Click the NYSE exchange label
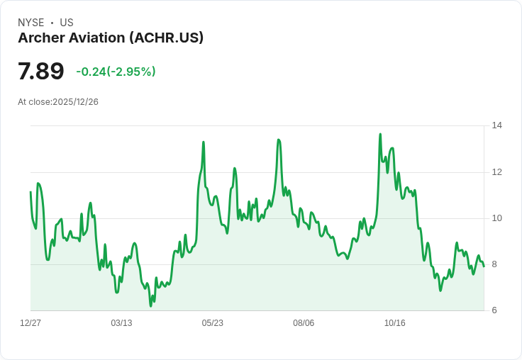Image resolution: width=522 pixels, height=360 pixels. click(x=31, y=23)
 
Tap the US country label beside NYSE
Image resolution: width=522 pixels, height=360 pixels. click(x=67, y=23)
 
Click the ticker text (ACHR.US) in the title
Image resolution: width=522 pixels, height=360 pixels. click(x=167, y=38)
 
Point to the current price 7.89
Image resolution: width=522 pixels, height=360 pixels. click(x=40, y=71)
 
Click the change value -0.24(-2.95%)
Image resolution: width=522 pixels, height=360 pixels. click(x=116, y=72)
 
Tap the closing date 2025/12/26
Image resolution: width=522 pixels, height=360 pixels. click(x=76, y=102)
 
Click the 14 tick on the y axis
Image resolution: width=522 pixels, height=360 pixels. click(x=497, y=125)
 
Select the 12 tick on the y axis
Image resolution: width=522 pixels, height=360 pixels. click(x=497, y=172)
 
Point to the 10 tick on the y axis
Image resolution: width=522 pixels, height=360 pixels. click(x=497, y=218)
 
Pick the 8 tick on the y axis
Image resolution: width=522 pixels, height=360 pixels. click(x=494, y=264)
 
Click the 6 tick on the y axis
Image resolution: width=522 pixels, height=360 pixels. click(x=494, y=310)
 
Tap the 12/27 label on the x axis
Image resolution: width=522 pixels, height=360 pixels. click(x=30, y=323)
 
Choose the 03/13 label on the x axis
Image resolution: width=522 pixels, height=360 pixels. click(x=121, y=323)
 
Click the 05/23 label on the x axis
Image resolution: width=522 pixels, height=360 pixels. click(x=212, y=323)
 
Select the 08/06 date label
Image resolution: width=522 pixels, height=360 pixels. click(x=304, y=323)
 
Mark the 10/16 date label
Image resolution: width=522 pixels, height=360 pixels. click(x=395, y=323)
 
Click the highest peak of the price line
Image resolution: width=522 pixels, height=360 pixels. click(x=380, y=134)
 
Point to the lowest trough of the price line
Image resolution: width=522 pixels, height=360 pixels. click(x=150, y=305)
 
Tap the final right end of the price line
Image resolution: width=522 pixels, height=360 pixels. click(x=484, y=266)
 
